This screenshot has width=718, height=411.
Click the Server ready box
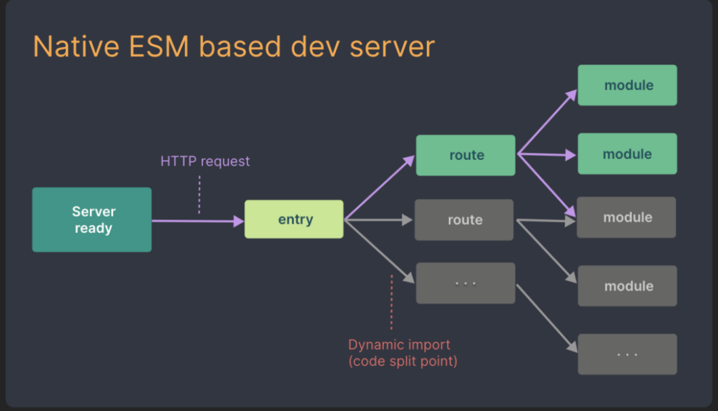[x=92, y=220]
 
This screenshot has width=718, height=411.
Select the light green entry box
[x=294, y=220]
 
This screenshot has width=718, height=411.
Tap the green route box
[x=466, y=155]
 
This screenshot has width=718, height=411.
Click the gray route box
[x=464, y=220]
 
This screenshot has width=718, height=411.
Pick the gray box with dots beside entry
[x=466, y=283]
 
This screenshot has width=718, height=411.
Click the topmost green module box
[x=628, y=85]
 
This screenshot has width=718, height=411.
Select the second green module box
[x=628, y=154]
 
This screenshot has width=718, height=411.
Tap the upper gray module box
[x=626, y=217]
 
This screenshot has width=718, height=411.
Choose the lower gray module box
[x=628, y=285]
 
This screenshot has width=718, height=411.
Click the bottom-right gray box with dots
[x=628, y=353]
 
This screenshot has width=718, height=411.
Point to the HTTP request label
[x=205, y=161]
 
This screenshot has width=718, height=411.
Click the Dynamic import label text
[x=400, y=345]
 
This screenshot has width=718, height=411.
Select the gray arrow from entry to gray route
[x=379, y=220]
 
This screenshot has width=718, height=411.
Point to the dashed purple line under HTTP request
[x=200, y=194]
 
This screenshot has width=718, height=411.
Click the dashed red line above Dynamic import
[x=391, y=302]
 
